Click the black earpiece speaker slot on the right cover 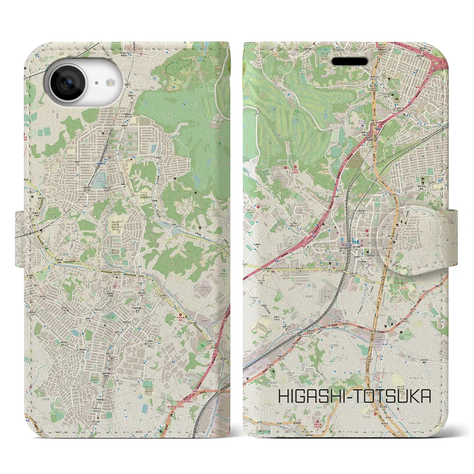click(349, 61)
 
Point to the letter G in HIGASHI click(296, 396)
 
